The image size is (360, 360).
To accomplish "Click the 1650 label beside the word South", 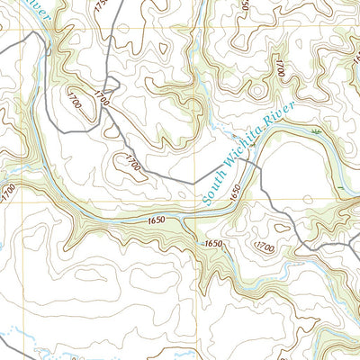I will [x=236, y=191].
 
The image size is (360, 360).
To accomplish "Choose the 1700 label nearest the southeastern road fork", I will [x=265, y=246].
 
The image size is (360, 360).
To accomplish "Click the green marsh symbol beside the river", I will [x=315, y=132].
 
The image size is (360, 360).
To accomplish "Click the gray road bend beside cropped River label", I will [x=38, y=36].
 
